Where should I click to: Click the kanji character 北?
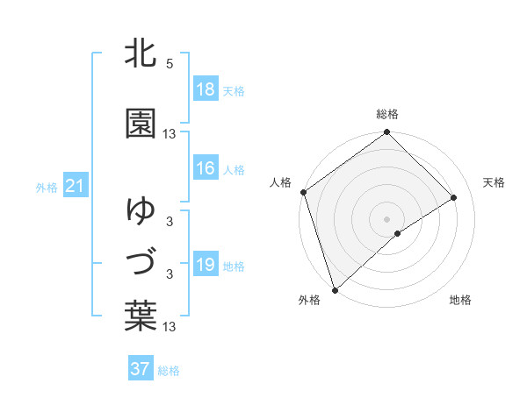click(x=141, y=54)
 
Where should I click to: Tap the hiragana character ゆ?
click(x=141, y=210)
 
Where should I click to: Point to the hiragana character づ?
click(x=141, y=262)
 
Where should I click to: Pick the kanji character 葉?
click(x=141, y=316)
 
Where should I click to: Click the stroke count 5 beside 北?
click(x=170, y=64)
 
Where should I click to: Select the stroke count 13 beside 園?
click(x=170, y=134)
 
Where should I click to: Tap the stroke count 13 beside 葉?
click(x=170, y=327)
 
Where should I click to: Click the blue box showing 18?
click(x=205, y=89)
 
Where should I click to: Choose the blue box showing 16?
click(x=205, y=168)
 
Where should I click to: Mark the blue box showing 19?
click(x=205, y=265)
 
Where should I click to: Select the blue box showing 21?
click(x=75, y=186)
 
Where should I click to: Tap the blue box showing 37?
click(x=140, y=369)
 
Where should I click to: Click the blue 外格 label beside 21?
click(x=47, y=187)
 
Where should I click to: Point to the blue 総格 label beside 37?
click(x=169, y=371)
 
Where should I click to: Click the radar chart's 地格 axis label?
click(x=460, y=301)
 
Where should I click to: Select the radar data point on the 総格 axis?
click(x=386, y=133)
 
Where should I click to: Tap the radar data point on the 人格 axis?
click(x=303, y=192)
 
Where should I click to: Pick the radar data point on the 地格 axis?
click(x=398, y=233)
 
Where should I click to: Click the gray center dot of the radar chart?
click(x=386, y=218)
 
